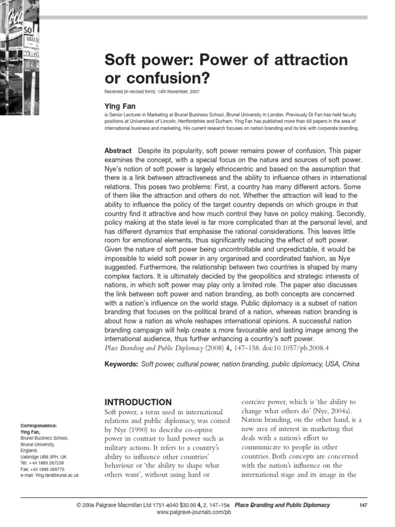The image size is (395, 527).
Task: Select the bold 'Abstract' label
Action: [x=118, y=150]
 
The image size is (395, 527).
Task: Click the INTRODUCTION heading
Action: [x=138, y=402]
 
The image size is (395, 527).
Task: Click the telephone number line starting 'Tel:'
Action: [x=42, y=463]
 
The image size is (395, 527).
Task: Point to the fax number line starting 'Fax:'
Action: [x=43, y=469]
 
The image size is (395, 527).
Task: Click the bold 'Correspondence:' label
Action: [x=39, y=426]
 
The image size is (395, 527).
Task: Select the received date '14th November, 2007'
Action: [x=172, y=92]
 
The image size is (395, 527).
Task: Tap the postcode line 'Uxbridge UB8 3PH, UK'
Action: [x=43, y=456]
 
